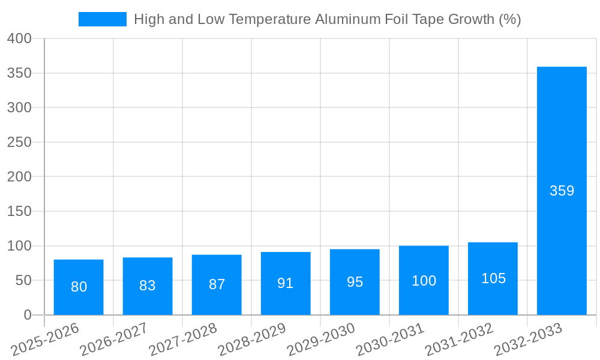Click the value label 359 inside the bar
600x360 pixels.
pyautogui.click(x=562, y=191)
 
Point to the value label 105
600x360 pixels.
pyautogui.click(x=493, y=278)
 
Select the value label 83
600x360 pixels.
pyautogui.click(x=148, y=286)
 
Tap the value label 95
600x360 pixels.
pyautogui.click(x=355, y=282)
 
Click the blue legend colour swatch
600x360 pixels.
pyautogui.click(x=102, y=19)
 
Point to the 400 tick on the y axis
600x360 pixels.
pyautogui.click(x=19, y=39)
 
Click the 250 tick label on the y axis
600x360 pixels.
pyautogui.click(x=19, y=143)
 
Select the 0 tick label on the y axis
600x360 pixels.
pyautogui.click(x=27, y=315)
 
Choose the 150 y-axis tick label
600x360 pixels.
pyautogui.click(x=19, y=212)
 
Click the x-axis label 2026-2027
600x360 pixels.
pyautogui.click(x=113, y=340)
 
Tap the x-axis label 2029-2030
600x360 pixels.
pyautogui.click(x=320, y=340)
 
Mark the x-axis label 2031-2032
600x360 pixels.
pyautogui.click(x=459, y=340)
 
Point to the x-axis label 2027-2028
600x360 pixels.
pyautogui.click(x=182, y=340)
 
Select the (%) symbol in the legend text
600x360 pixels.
pyautogui.click(x=509, y=19)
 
